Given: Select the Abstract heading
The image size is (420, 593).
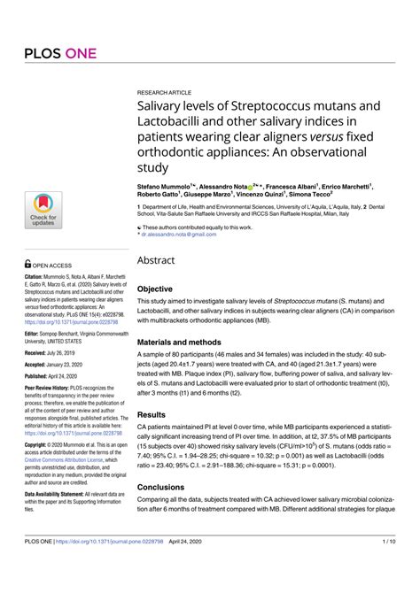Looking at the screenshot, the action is click(156, 260).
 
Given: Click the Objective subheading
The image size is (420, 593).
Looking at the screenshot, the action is click(155, 289).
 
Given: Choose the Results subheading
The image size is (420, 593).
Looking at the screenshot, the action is click(152, 414).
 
